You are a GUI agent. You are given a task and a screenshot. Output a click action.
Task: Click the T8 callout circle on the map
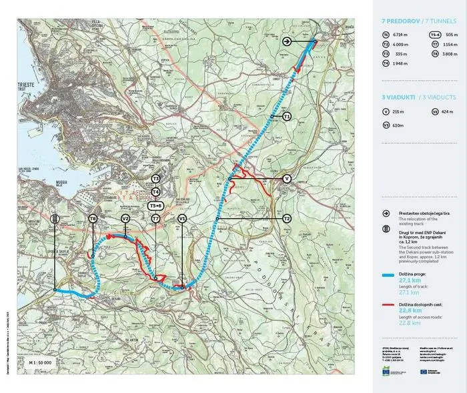pyautogui.click(x=93, y=218)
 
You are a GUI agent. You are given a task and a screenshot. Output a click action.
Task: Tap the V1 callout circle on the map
pyautogui.click(x=182, y=218)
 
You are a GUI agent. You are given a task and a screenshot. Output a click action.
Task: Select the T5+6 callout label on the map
pyautogui.click(x=155, y=206)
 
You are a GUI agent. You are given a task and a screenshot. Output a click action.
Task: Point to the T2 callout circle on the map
pyautogui.click(x=287, y=218)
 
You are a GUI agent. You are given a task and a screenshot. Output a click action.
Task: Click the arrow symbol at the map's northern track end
pyautogui.click(x=287, y=41)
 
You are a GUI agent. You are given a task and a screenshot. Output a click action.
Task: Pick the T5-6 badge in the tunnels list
pyautogui.click(x=434, y=34)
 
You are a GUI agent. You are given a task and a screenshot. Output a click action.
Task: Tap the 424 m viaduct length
pyautogui.click(x=447, y=111)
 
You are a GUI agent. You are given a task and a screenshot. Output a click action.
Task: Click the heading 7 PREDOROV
pyautogui.click(x=400, y=21)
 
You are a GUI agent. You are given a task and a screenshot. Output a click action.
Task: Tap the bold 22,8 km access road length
pyautogui.click(x=410, y=311)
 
